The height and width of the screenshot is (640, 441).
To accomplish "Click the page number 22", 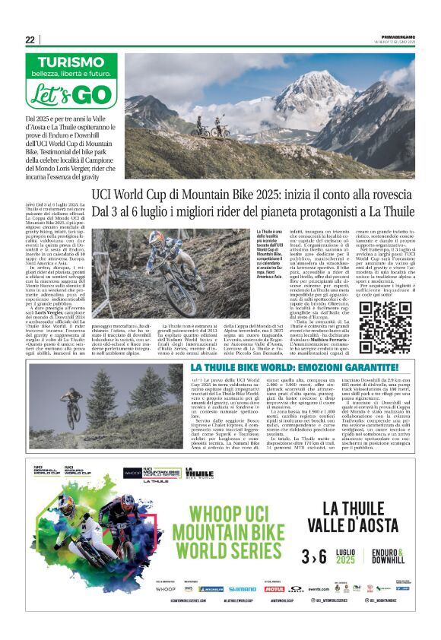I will (30, 40).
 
